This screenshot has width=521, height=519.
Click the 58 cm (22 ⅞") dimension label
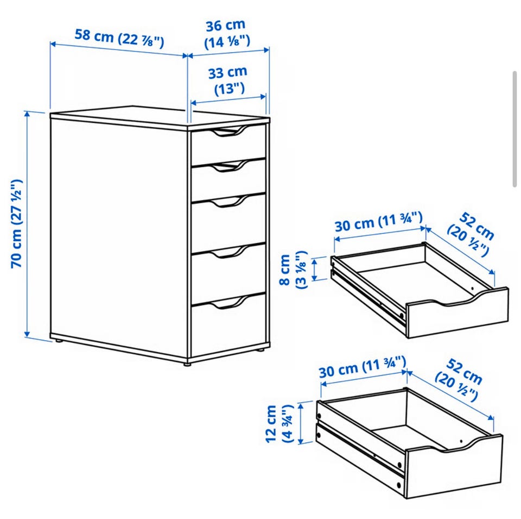pyautogui.click(x=119, y=38)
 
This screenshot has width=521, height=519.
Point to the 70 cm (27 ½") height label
pyautogui.click(x=17, y=223)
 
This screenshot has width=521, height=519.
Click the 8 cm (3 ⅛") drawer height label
pyautogui.click(x=293, y=270)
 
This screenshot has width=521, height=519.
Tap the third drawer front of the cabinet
pyautogui.click(x=228, y=222)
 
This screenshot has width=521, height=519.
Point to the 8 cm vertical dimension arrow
pyautogui.click(x=316, y=269)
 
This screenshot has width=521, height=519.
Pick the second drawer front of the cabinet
pyautogui.click(x=228, y=180)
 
